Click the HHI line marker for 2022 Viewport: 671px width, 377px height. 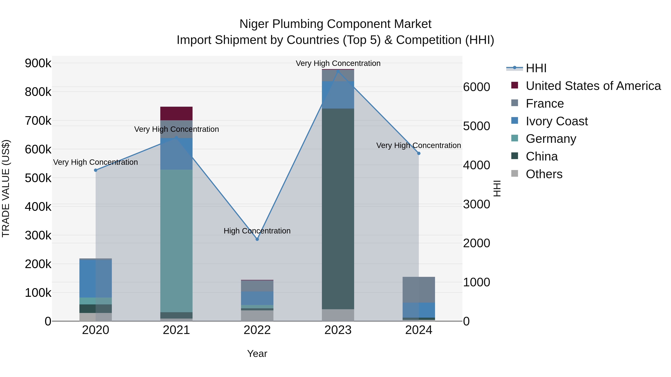point(257,239)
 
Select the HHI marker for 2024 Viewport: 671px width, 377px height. point(419,154)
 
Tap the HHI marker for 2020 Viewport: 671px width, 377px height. point(96,170)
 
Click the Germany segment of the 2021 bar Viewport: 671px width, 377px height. point(176,241)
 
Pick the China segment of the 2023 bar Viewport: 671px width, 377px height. point(338,208)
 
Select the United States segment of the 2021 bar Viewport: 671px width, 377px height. point(176,113)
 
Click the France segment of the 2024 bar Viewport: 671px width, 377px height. point(419,289)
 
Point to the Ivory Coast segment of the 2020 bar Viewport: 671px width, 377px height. point(96,278)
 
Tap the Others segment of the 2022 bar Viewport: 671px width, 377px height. point(257,316)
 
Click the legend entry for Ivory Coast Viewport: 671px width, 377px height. point(557,121)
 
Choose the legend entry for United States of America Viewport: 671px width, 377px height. point(593,86)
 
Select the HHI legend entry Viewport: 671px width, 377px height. point(536,68)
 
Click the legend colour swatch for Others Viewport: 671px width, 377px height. point(515,174)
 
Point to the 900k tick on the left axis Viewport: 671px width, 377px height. point(38,63)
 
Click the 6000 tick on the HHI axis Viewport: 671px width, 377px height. point(476,87)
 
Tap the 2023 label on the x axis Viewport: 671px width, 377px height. point(338,330)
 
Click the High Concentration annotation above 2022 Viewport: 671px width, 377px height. point(257,231)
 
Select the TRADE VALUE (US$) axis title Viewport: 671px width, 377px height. point(6,188)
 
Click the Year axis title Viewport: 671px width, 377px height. point(257,354)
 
